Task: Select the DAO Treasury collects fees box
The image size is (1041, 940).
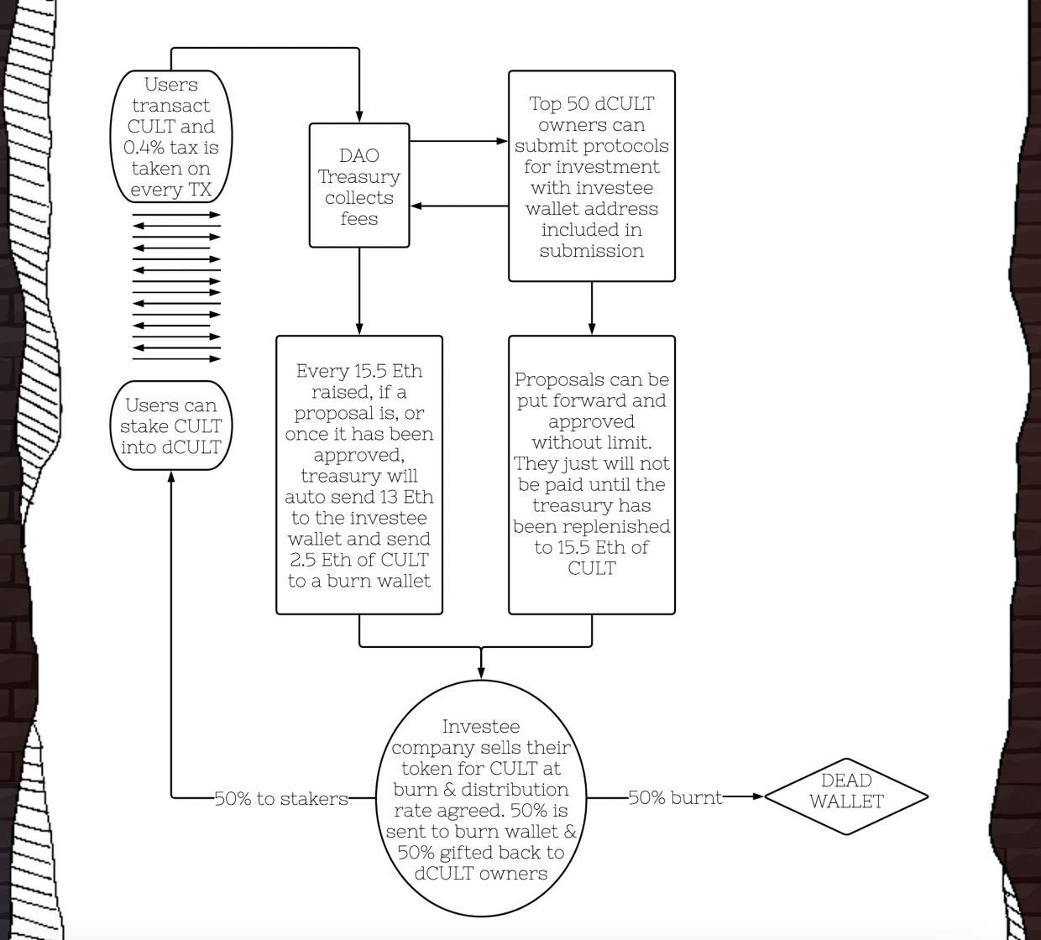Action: tap(359, 186)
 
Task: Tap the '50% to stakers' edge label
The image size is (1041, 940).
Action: tap(281, 799)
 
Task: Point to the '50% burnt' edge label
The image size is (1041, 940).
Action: tap(675, 797)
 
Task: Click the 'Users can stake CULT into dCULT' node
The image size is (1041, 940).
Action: tap(170, 426)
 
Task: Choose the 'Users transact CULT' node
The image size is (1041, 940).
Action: tap(171, 137)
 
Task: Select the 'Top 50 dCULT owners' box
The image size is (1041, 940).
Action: tap(592, 176)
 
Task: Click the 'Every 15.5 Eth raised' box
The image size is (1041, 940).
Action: tap(359, 475)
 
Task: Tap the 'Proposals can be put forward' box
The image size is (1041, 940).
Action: tap(592, 475)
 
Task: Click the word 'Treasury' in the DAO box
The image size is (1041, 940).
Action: tap(359, 177)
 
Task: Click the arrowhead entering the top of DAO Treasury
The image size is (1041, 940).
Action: tap(359, 117)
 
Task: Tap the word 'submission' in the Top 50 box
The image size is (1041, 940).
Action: tap(592, 251)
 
